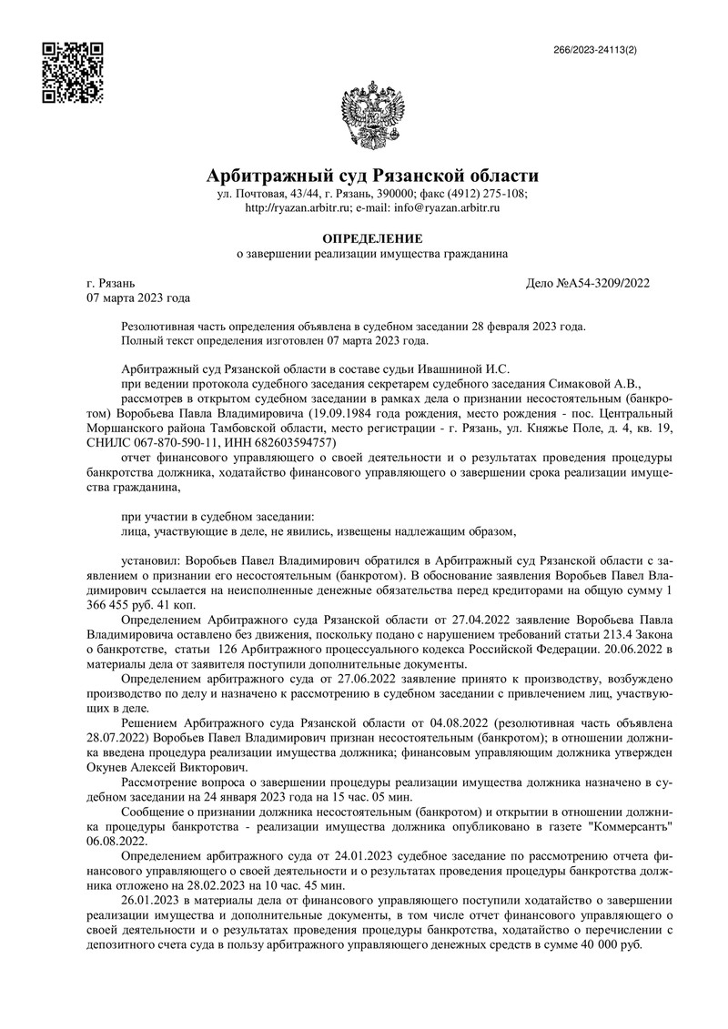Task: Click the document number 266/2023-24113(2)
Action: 596,50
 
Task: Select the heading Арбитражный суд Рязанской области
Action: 372,175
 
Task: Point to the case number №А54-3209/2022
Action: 602,283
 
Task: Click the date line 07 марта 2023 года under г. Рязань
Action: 137,298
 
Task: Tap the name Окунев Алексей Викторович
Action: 156,767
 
